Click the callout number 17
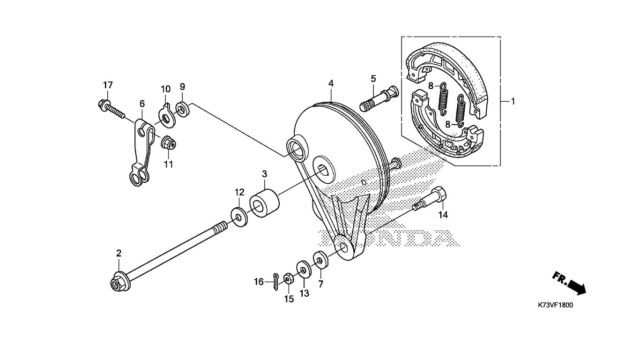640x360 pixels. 108,85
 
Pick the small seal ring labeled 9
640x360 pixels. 183,109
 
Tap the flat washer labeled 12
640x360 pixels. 239,217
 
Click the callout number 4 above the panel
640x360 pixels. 331,83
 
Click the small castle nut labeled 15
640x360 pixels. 288,278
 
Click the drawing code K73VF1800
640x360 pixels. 555,305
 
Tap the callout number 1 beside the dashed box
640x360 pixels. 513,101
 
